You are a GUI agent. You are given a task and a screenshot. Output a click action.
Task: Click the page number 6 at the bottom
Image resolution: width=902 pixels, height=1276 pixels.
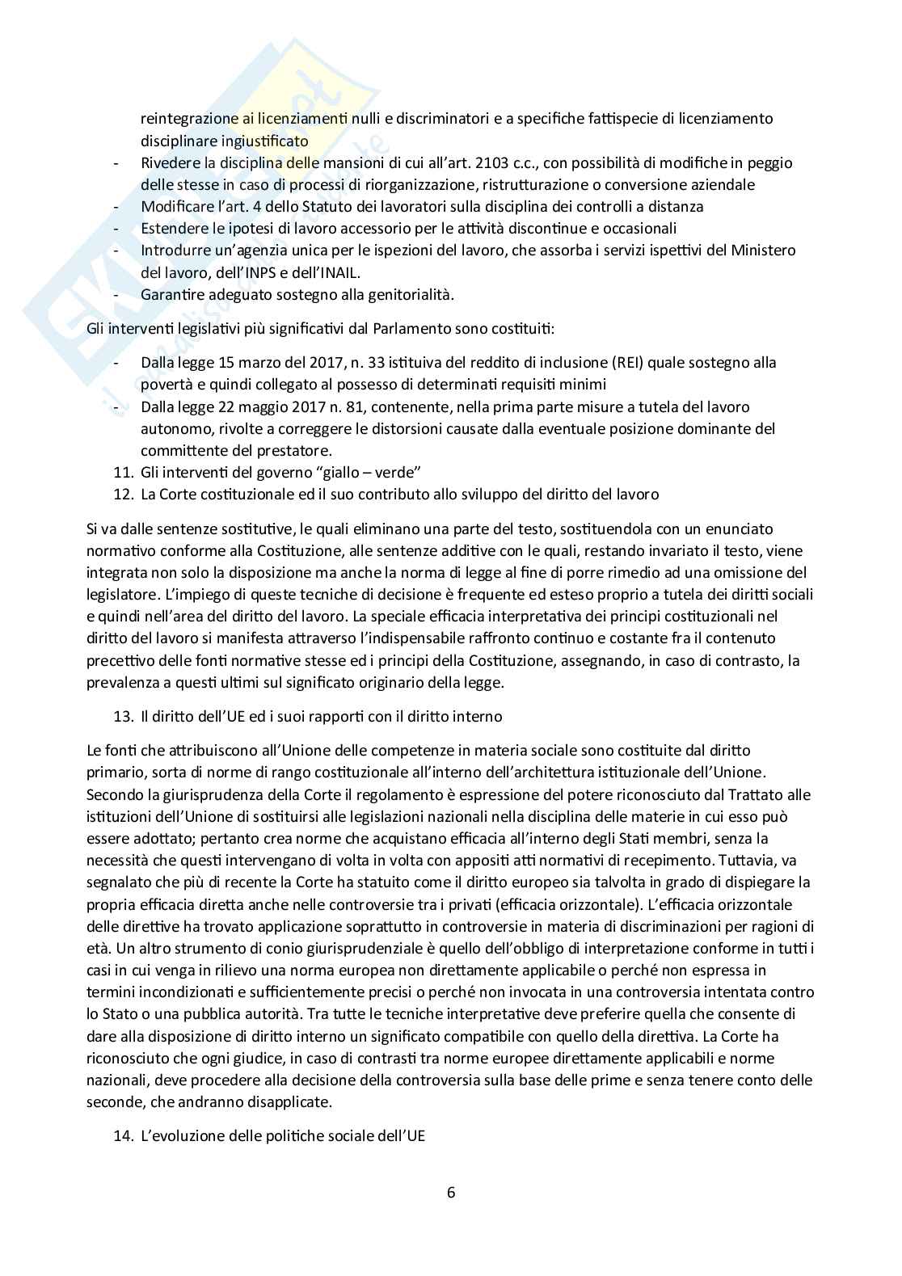[x=451, y=1192]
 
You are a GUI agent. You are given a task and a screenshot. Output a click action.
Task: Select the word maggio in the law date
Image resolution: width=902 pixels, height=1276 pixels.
[x=258, y=406]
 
